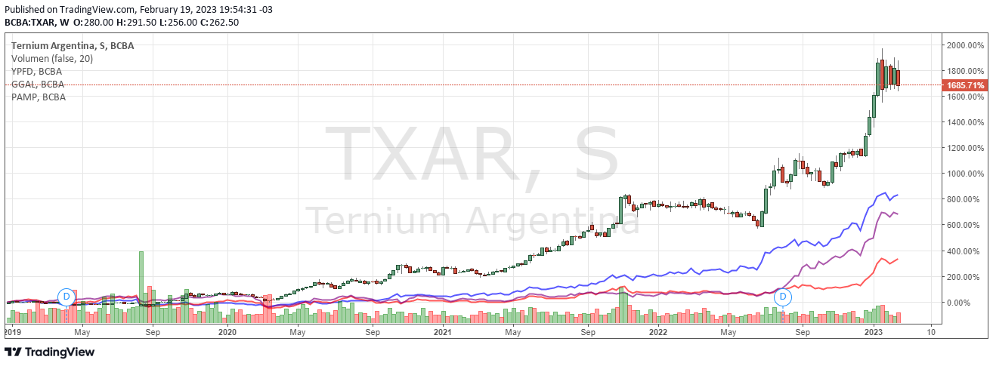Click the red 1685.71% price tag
[965, 85]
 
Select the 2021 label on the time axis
[442, 332]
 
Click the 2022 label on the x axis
[657, 332]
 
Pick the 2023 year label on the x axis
[874, 332]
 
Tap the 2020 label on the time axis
[227, 332]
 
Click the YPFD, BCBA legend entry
[36, 71]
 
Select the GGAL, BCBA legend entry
[37, 84]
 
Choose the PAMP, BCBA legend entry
[38, 97]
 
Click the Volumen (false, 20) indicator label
[51, 58]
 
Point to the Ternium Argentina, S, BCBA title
[73, 45]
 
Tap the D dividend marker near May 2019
[67, 297]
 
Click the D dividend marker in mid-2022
[783, 297]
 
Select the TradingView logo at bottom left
[50, 352]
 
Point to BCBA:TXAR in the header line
[30, 22]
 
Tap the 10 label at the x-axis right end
[931, 332]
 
